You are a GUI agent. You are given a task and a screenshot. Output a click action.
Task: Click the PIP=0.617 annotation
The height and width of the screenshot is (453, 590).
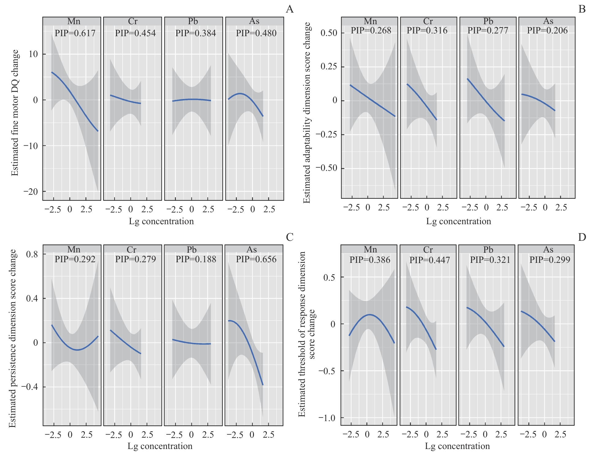[75, 33]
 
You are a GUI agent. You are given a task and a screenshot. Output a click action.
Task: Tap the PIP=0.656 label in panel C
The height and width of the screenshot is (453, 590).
[256, 259]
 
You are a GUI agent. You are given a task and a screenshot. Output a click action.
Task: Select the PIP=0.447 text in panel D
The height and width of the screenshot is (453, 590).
[430, 260]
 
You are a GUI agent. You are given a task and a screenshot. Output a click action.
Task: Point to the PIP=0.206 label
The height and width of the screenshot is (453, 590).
[547, 30]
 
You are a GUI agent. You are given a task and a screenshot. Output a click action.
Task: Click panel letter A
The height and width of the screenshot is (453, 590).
[289, 10]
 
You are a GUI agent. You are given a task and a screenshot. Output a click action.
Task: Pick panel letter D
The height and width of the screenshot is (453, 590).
[582, 237]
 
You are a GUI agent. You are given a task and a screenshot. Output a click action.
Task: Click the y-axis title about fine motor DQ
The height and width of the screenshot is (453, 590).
[15, 113]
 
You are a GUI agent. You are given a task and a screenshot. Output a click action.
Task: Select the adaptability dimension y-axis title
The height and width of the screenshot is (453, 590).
[307, 113]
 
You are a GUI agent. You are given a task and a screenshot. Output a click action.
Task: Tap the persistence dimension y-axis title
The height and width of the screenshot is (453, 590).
[12, 338]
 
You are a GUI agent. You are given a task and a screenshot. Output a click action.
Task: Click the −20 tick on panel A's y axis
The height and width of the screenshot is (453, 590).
[31, 192]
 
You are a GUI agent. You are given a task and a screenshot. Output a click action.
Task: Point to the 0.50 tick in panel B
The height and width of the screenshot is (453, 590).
[329, 33]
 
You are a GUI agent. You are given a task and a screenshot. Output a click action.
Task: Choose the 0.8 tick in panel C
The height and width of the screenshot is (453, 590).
[32, 254]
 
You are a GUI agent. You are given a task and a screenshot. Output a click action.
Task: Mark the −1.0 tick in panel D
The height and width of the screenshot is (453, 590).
[327, 418]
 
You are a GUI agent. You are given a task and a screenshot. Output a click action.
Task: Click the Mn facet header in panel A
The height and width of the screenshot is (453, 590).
[74, 21]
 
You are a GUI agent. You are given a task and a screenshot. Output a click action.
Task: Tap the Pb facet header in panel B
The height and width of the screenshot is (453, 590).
[488, 21]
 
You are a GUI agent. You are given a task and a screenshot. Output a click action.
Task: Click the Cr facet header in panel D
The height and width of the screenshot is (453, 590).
[428, 249]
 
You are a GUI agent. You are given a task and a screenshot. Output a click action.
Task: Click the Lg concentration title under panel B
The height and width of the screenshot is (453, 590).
[459, 221]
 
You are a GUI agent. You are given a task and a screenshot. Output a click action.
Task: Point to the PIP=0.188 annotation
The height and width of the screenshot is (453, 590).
[196, 259]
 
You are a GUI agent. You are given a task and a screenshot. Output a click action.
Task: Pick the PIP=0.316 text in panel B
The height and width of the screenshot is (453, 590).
[427, 30]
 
